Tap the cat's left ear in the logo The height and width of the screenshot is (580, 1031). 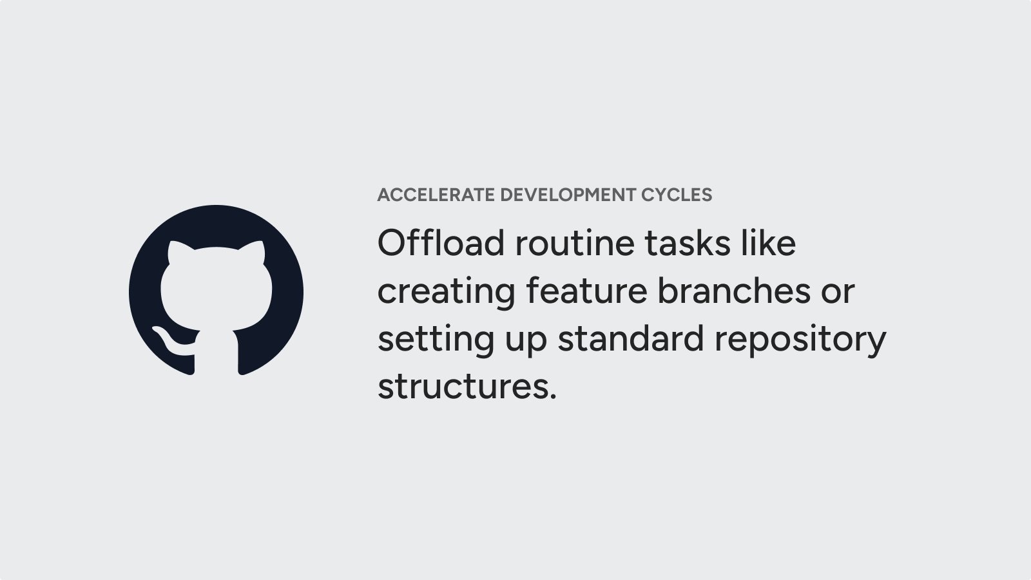click(x=177, y=251)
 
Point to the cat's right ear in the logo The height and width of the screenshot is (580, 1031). click(x=254, y=251)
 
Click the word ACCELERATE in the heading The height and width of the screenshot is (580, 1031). click(x=436, y=195)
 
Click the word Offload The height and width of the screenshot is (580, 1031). click(x=441, y=242)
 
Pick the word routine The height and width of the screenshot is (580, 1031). click(x=575, y=242)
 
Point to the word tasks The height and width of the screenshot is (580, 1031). click(x=688, y=242)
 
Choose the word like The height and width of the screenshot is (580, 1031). click(x=768, y=242)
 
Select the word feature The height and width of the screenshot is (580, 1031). click(x=587, y=291)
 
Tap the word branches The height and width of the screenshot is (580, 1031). click(x=734, y=291)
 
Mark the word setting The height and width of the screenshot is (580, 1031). click(x=436, y=339)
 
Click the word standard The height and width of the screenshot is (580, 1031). click(x=631, y=338)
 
